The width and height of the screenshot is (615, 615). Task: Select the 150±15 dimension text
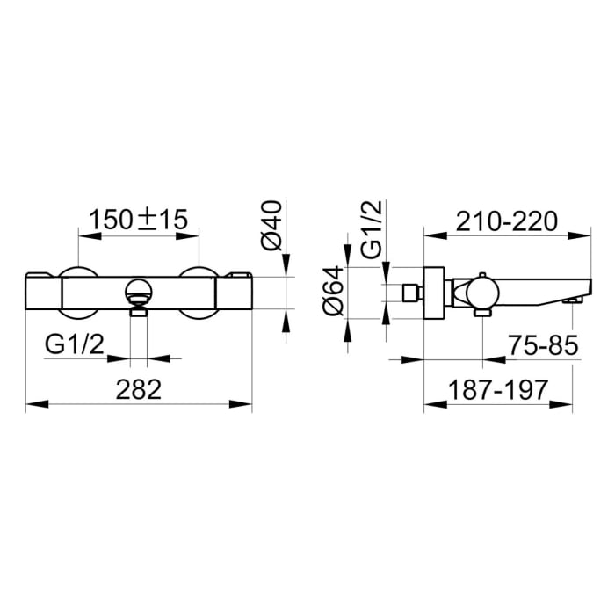click(140, 219)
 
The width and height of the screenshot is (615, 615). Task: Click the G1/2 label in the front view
click(76, 345)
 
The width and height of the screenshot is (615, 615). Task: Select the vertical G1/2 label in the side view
click(371, 230)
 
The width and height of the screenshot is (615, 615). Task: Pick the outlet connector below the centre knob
click(139, 309)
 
